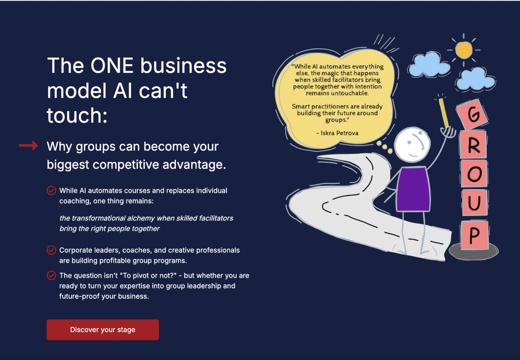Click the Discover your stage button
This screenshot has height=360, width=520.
(103, 330)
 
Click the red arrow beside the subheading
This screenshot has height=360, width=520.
(28, 146)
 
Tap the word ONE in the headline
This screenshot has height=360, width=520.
(112, 66)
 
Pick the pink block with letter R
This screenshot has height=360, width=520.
(473, 144)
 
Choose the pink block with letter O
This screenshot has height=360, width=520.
(474, 173)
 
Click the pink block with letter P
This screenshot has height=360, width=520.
(475, 235)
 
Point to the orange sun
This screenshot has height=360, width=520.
(464, 50)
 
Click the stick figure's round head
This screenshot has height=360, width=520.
(412, 144)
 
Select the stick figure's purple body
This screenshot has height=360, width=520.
(413, 189)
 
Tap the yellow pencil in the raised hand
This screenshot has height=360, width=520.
(443, 113)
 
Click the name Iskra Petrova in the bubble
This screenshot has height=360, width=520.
(339, 133)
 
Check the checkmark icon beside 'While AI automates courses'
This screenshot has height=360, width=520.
(51, 191)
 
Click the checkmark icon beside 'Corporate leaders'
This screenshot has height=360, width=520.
(51, 250)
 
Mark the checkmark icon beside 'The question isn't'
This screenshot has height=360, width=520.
(51, 276)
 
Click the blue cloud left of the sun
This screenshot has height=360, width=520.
(429, 65)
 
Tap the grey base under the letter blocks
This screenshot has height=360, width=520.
(473, 251)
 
